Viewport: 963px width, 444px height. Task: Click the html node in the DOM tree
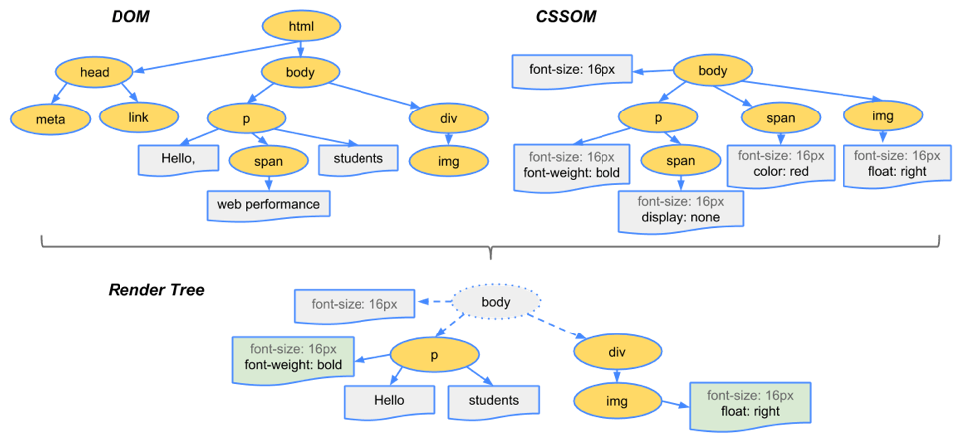pyautogui.click(x=301, y=27)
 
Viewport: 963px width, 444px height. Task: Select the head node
pyautogui.click(x=95, y=72)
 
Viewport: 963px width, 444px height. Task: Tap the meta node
pyautogui.click(x=49, y=116)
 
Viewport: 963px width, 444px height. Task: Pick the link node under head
pyautogui.click(x=138, y=116)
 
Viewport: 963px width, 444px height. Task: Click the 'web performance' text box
pyautogui.click(x=269, y=204)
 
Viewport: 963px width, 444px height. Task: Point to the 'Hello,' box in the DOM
pyautogui.click(x=178, y=159)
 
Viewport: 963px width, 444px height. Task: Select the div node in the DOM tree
pyautogui.click(x=449, y=116)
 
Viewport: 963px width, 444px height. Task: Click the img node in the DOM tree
pyautogui.click(x=449, y=161)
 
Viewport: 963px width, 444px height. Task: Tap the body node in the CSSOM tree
pyautogui.click(x=713, y=71)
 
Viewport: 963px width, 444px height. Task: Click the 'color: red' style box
pyautogui.click(x=781, y=165)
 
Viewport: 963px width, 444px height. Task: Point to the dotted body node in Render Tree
pyautogui.click(x=496, y=303)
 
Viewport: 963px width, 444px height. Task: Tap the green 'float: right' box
pyautogui.click(x=751, y=405)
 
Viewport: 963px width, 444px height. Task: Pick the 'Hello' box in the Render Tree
pyautogui.click(x=389, y=401)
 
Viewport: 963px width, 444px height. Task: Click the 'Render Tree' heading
pyautogui.click(x=156, y=290)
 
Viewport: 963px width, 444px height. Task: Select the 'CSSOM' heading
pyautogui.click(x=567, y=18)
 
